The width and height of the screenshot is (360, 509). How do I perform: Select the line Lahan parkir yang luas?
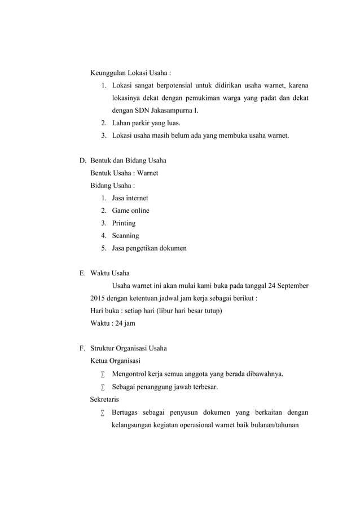[147, 123]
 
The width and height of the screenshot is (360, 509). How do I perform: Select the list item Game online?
[130, 210]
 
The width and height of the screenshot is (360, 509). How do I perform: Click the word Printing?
[124, 223]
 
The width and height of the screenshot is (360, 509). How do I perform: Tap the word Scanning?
[125, 235]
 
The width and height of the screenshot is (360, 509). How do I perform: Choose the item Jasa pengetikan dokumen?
[149, 248]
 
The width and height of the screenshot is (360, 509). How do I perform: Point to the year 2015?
[99, 298]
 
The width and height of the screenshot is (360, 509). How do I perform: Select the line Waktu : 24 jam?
[113, 323]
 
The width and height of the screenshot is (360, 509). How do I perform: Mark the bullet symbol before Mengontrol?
[103, 374]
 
